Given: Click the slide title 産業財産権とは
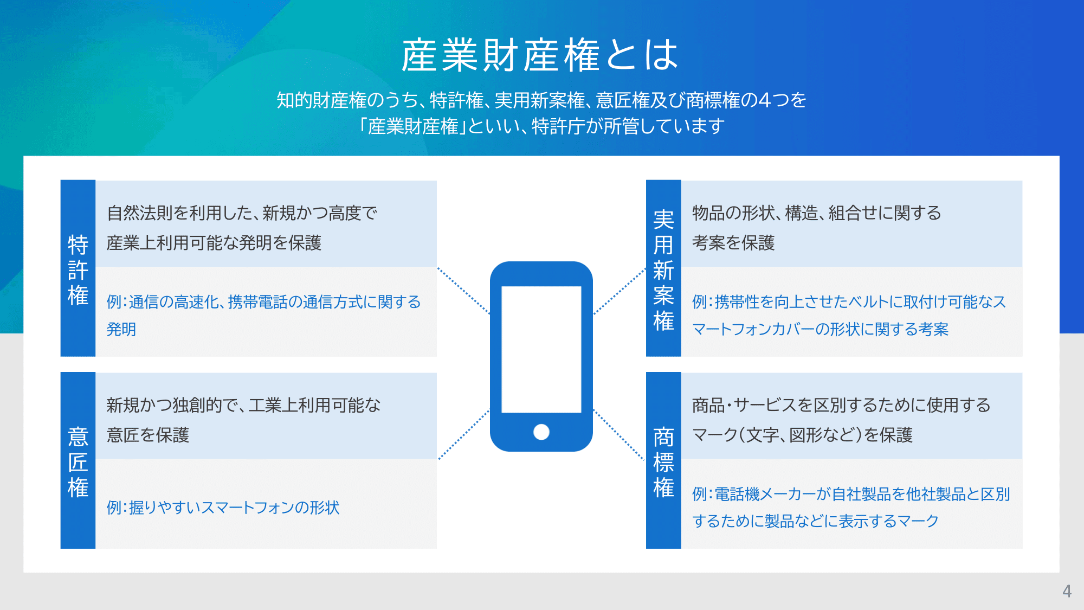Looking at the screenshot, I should [540, 55].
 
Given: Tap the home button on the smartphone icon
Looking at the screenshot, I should [541, 432].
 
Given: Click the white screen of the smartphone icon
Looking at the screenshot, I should [541, 349].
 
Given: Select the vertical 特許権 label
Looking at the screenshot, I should [78, 270].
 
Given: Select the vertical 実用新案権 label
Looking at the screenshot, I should [663, 270].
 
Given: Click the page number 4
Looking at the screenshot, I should [1067, 591].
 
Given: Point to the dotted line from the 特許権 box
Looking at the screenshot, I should [463, 291].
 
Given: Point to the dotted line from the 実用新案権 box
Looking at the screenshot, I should [620, 291].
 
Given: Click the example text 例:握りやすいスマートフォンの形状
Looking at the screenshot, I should [223, 508].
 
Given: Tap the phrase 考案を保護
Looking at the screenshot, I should [733, 243].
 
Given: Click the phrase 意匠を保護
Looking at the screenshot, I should [147, 435].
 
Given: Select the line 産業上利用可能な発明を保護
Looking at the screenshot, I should [214, 243].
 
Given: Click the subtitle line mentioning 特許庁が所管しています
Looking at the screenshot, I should [541, 126].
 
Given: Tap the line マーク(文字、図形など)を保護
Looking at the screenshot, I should [802, 435].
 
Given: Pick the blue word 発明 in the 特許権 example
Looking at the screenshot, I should [121, 329].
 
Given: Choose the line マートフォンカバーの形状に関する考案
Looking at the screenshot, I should [820, 329].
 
